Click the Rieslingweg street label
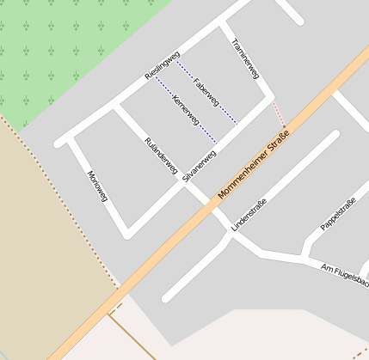pyautogui.click(x=162, y=67)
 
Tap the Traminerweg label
pyautogui.click(x=246, y=58)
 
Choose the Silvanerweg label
pyautogui.click(x=199, y=166)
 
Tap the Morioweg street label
pyautogui.click(x=97, y=186)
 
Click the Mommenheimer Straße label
pyautogui.click(x=255, y=164)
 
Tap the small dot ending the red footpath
pyautogui.click(x=283, y=128)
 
